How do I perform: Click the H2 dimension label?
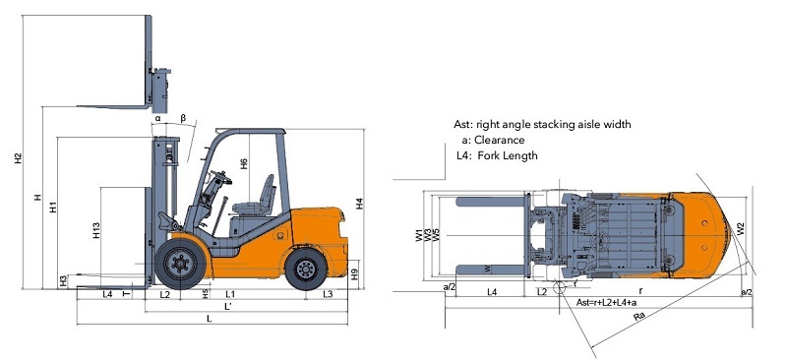coord(18,159)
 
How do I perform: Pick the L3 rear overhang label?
coord(328,294)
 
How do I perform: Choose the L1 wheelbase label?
coord(229,294)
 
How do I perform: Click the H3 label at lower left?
coord(64,281)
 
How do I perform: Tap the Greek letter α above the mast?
coord(157,119)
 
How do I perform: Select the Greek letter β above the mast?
coord(183,118)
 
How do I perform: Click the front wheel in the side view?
coord(180,263)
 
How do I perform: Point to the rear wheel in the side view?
coord(306,267)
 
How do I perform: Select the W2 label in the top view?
coord(741,227)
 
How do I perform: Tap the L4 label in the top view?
coord(491,292)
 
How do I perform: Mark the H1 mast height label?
coord(54,209)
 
